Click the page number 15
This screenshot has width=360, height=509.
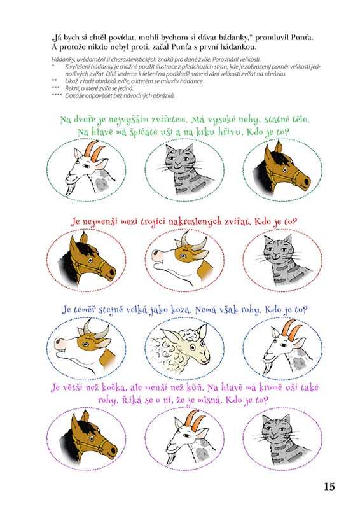point(329,486)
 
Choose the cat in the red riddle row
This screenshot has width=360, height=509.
point(283,260)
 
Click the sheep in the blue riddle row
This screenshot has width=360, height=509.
point(181,347)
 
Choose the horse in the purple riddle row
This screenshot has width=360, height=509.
point(89,437)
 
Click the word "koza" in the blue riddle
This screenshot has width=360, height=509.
point(180,310)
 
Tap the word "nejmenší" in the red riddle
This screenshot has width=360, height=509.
point(100,223)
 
